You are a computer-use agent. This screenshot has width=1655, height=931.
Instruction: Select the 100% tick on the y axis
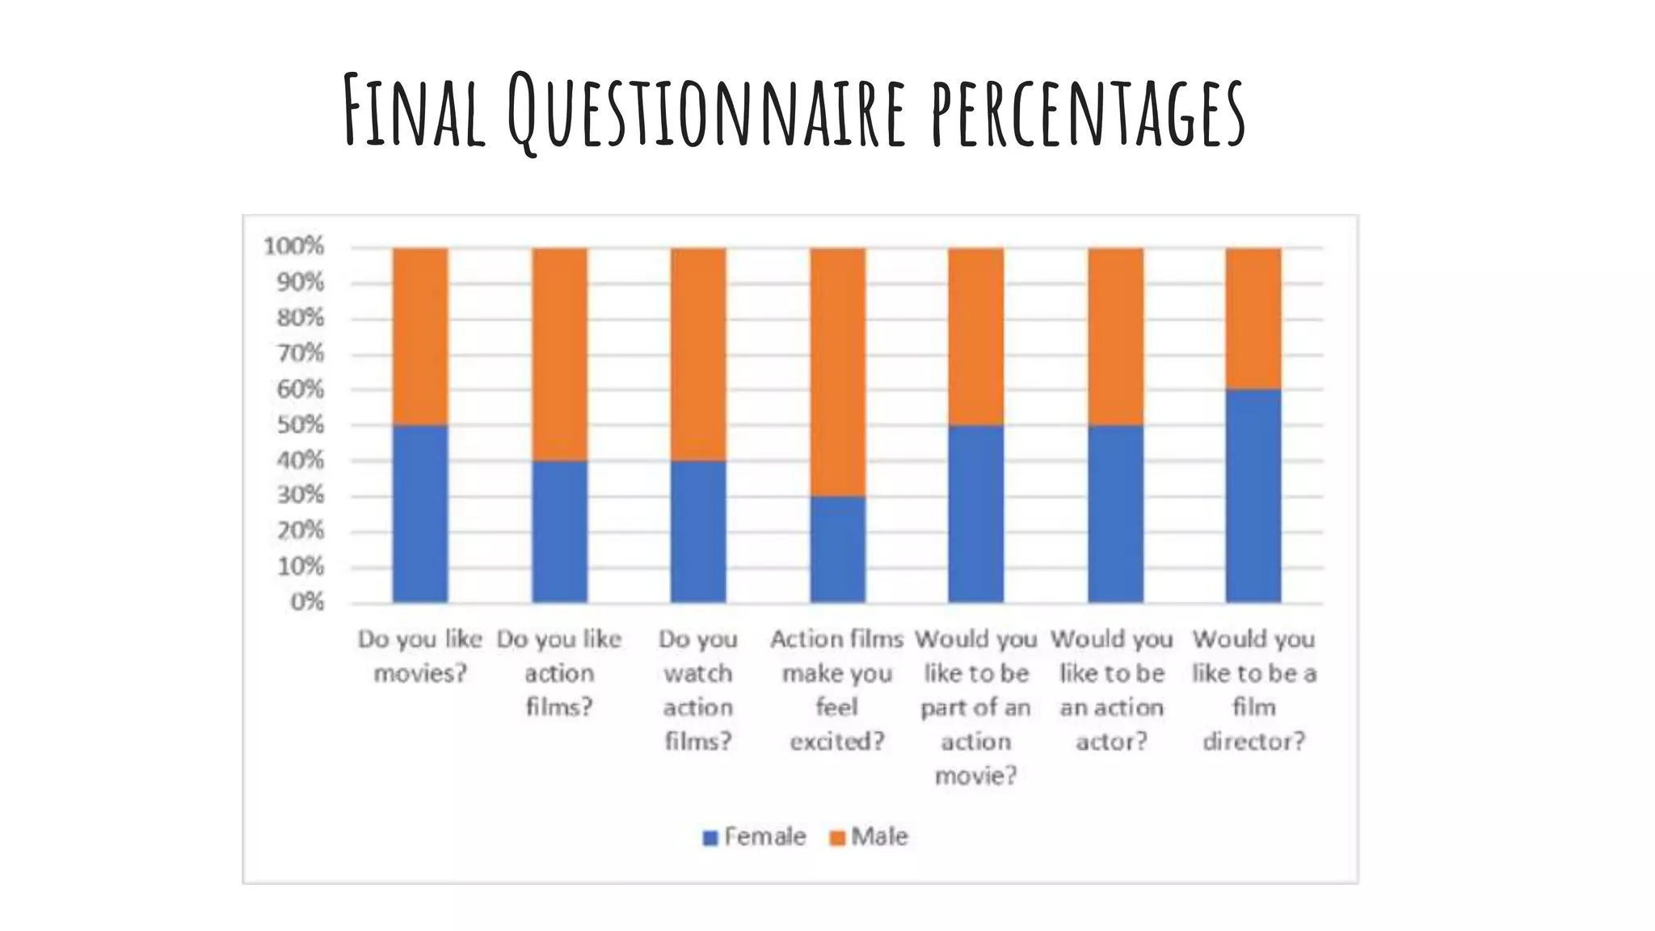pyautogui.click(x=294, y=246)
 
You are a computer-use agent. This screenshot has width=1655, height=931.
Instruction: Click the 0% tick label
pyautogui.click(x=307, y=602)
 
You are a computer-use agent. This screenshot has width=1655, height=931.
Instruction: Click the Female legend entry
pyautogui.click(x=755, y=836)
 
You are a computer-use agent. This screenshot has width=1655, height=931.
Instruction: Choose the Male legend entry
pyautogui.click(x=870, y=836)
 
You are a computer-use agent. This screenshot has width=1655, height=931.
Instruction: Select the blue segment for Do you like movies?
pyautogui.click(x=420, y=513)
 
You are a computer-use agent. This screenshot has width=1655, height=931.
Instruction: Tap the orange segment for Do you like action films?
pyautogui.click(x=559, y=354)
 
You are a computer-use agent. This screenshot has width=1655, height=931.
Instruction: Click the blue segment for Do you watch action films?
pyautogui.click(x=698, y=531)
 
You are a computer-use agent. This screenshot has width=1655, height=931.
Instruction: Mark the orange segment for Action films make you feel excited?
pyautogui.click(x=837, y=372)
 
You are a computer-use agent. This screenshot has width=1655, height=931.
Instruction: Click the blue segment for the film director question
pyautogui.click(x=1253, y=495)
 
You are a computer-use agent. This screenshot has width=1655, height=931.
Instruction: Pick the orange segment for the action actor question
pyautogui.click(x=1115, y=336)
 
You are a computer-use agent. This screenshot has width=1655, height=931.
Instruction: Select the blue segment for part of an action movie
pyautogui.click(x=976, y=513)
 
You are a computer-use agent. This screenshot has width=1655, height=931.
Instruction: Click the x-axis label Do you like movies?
pyautogui.click(x=420, y=655)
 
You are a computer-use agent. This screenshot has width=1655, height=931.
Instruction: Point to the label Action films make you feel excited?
pyautogui.click(x=837, y=689)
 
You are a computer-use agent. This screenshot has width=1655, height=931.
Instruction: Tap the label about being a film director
pyautogui.click(x=1253, y=689)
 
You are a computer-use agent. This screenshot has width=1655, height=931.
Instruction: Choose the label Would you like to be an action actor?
pyautogui.click(x=1113, y=689)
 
